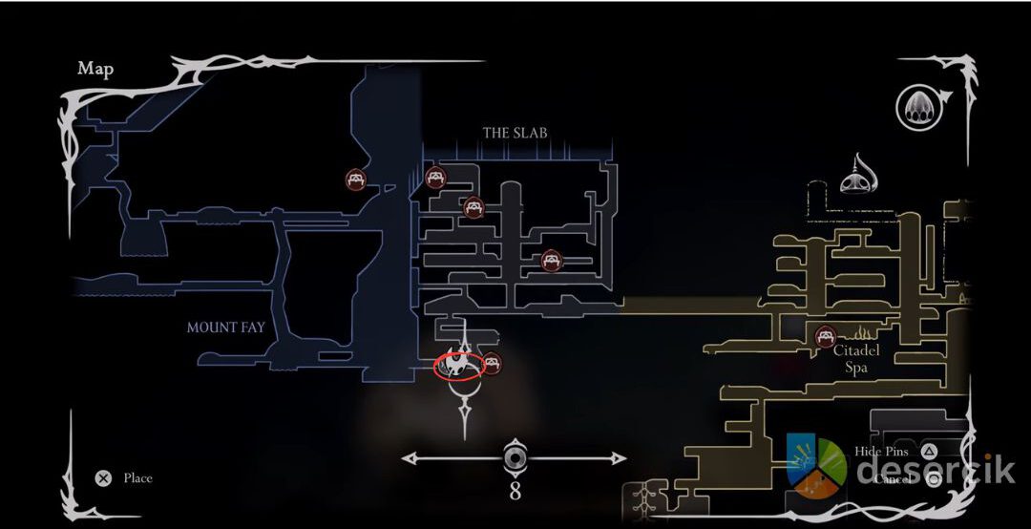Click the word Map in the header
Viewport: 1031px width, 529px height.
click(x=95, y=69)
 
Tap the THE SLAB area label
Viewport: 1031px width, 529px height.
click(x=515, y=133)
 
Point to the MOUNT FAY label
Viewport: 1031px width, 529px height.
click(x=225, y=328)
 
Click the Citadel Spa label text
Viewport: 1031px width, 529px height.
click(x=855, y=358)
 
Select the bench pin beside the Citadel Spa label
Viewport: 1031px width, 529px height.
click(x=826, y=336)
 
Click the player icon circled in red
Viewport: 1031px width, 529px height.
click(x=457, y=366)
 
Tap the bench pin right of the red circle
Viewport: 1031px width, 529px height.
click(x=492, y=363)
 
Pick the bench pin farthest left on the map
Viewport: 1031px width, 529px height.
click(x=355, y=179)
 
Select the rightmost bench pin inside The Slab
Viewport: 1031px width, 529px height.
click(x=551, y=260)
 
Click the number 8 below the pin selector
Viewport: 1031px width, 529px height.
click(x=515, y=493)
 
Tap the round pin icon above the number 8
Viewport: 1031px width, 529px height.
click(x=515, y=458)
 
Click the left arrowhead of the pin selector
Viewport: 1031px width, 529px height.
click(x=408, y=458)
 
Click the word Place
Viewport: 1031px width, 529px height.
click(x=137, y=478)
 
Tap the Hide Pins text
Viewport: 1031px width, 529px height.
click(x=881, y=452)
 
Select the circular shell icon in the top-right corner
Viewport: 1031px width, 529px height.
click(x=916, y=106)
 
